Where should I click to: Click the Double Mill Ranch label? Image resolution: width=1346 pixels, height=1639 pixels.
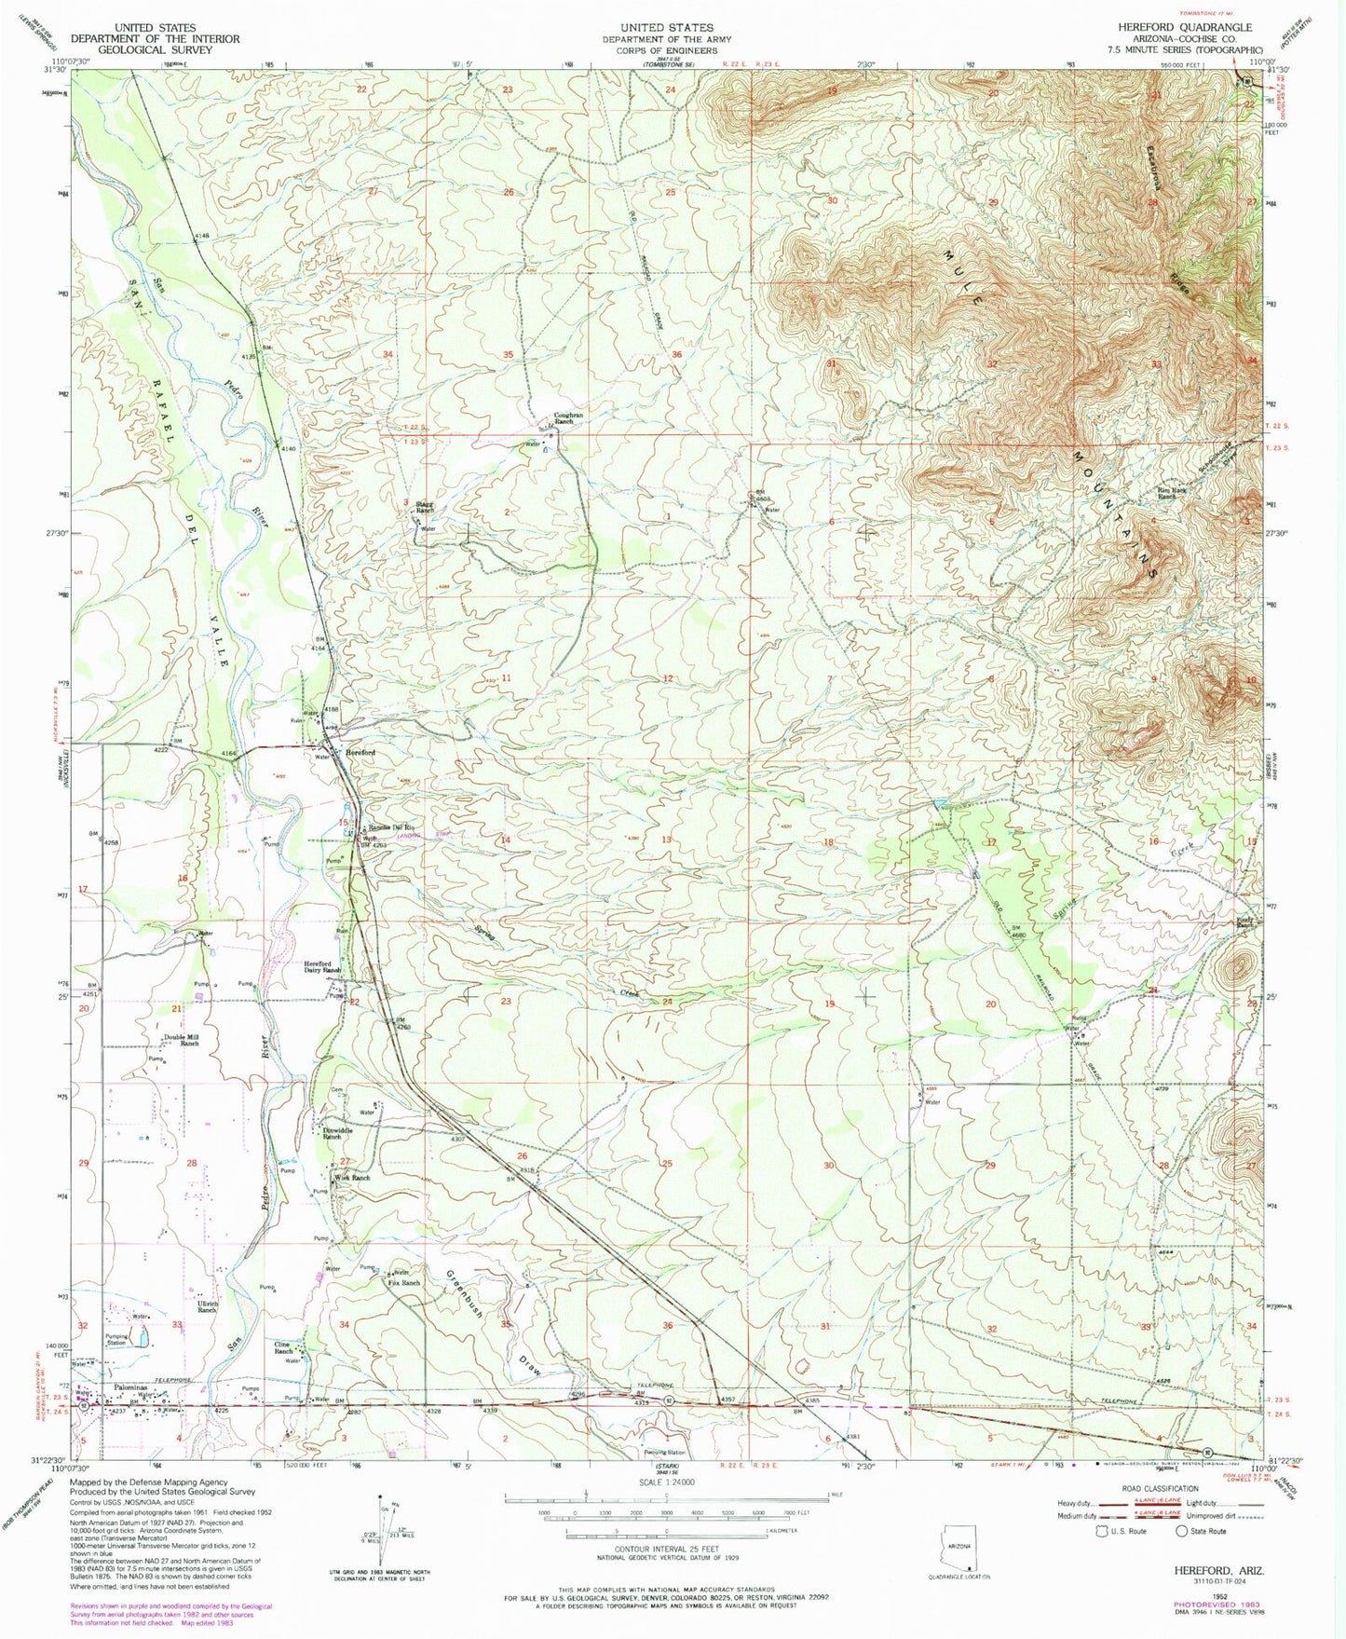click(182, 1041)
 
